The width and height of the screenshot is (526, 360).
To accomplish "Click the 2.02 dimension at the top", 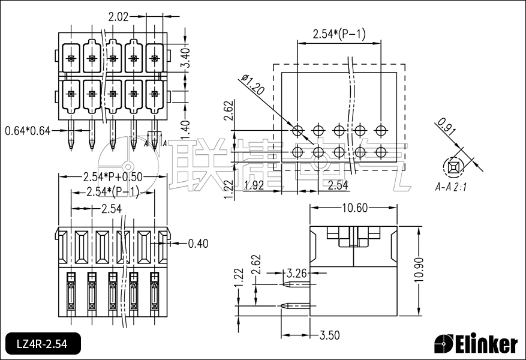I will pos(118,16).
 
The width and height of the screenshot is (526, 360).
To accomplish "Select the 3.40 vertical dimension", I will pos(186,56).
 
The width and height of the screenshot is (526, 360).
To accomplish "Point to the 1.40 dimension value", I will pos(186,127).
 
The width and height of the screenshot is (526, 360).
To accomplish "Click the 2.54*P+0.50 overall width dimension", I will pos(112,177).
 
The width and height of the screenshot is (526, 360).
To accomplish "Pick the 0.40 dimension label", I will pos(198,243).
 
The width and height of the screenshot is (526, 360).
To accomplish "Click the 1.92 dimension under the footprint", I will pos(254,185).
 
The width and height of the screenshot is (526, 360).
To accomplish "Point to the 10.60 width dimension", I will pos(354,208).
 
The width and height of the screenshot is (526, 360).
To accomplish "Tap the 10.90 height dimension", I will pos(420,271).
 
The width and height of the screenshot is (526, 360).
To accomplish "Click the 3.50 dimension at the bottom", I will pos(330,334).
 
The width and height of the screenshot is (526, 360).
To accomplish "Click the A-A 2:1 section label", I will pos(451,187).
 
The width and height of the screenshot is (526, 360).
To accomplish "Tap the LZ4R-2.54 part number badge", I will pos(41,344).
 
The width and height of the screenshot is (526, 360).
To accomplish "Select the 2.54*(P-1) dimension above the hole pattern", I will pos(339,34).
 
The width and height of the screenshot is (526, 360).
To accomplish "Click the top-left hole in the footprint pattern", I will pos(297,130).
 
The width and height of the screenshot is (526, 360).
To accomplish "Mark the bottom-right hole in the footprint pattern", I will pos(381,152).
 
